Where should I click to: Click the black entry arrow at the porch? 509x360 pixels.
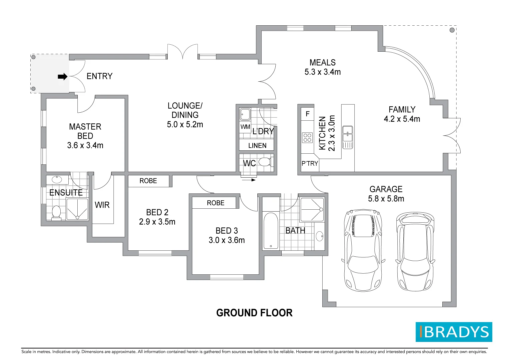pyautogui.click(x=62, y=77)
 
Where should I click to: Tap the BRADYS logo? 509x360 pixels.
pyautogui.click(x=454, y=332)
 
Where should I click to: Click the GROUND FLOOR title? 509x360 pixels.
pyautogui.click(x=254, y=313)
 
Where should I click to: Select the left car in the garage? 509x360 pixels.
pyautogui.click(x=363, y=250)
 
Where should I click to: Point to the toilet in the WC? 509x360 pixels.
pyautogui.click(x=265, y=162)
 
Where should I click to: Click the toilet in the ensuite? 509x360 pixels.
pyautogui.click(x=56, y=212)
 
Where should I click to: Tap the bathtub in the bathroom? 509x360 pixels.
pyautogui.click(x=271, y=231)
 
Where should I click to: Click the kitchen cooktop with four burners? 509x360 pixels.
pyautogui.click(x=307, y=138)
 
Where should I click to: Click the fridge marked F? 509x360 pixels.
pyautogui.click(x=307, y=114)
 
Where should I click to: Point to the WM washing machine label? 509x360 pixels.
pyautogui.click(x=245, y=127)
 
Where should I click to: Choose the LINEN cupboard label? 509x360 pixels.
pyautogui.click(x=257, y=146)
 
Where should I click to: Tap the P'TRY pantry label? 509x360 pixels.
pyautogui.click(x=310, y=163)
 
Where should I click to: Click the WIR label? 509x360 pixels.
pyautogui.click(x=102, y=205)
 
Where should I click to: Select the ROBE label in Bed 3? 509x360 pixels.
pyautogui.click(x=215, y=203)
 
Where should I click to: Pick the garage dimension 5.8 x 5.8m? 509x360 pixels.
pyautogui.click(x=386, y=199)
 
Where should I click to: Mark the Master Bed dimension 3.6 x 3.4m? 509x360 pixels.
pyautogui.click(x=85, y=145)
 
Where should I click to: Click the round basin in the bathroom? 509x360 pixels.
pyautogui.click(x=319, y=236)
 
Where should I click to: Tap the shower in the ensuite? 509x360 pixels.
pyautogui.click(x=77, y=209)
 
